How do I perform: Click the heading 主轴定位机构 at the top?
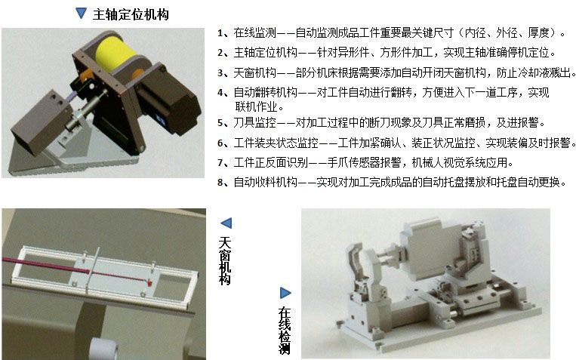click(x=131, y=14)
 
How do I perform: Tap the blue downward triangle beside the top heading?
click(x=81, y=14)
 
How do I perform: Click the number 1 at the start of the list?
click(x=220, y=33)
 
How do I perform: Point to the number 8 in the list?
click(x=220, y=182)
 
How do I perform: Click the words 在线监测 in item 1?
click(x=254, y=32)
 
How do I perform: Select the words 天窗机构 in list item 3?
click(x=254, y=72)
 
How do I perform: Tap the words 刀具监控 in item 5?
click(x=254, y=122)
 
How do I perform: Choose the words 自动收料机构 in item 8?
click(x=265, y=182)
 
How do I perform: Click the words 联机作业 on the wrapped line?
click(x=256, y=106)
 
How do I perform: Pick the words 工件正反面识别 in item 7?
click(x=271, y=162)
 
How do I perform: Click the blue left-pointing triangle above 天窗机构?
click(x=226, y=223)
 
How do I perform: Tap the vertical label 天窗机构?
click(x=225, y=261)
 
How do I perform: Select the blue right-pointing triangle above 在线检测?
click(x=285, y=293)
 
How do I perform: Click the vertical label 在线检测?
click(x=285, y=331)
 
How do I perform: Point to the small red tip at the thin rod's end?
click(x=149, y=282)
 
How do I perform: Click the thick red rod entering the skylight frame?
click(x=46, y=266)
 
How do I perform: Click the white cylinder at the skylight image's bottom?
click(x=103, y=349)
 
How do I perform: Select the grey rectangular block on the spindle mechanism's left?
click(x=42, y=122)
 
